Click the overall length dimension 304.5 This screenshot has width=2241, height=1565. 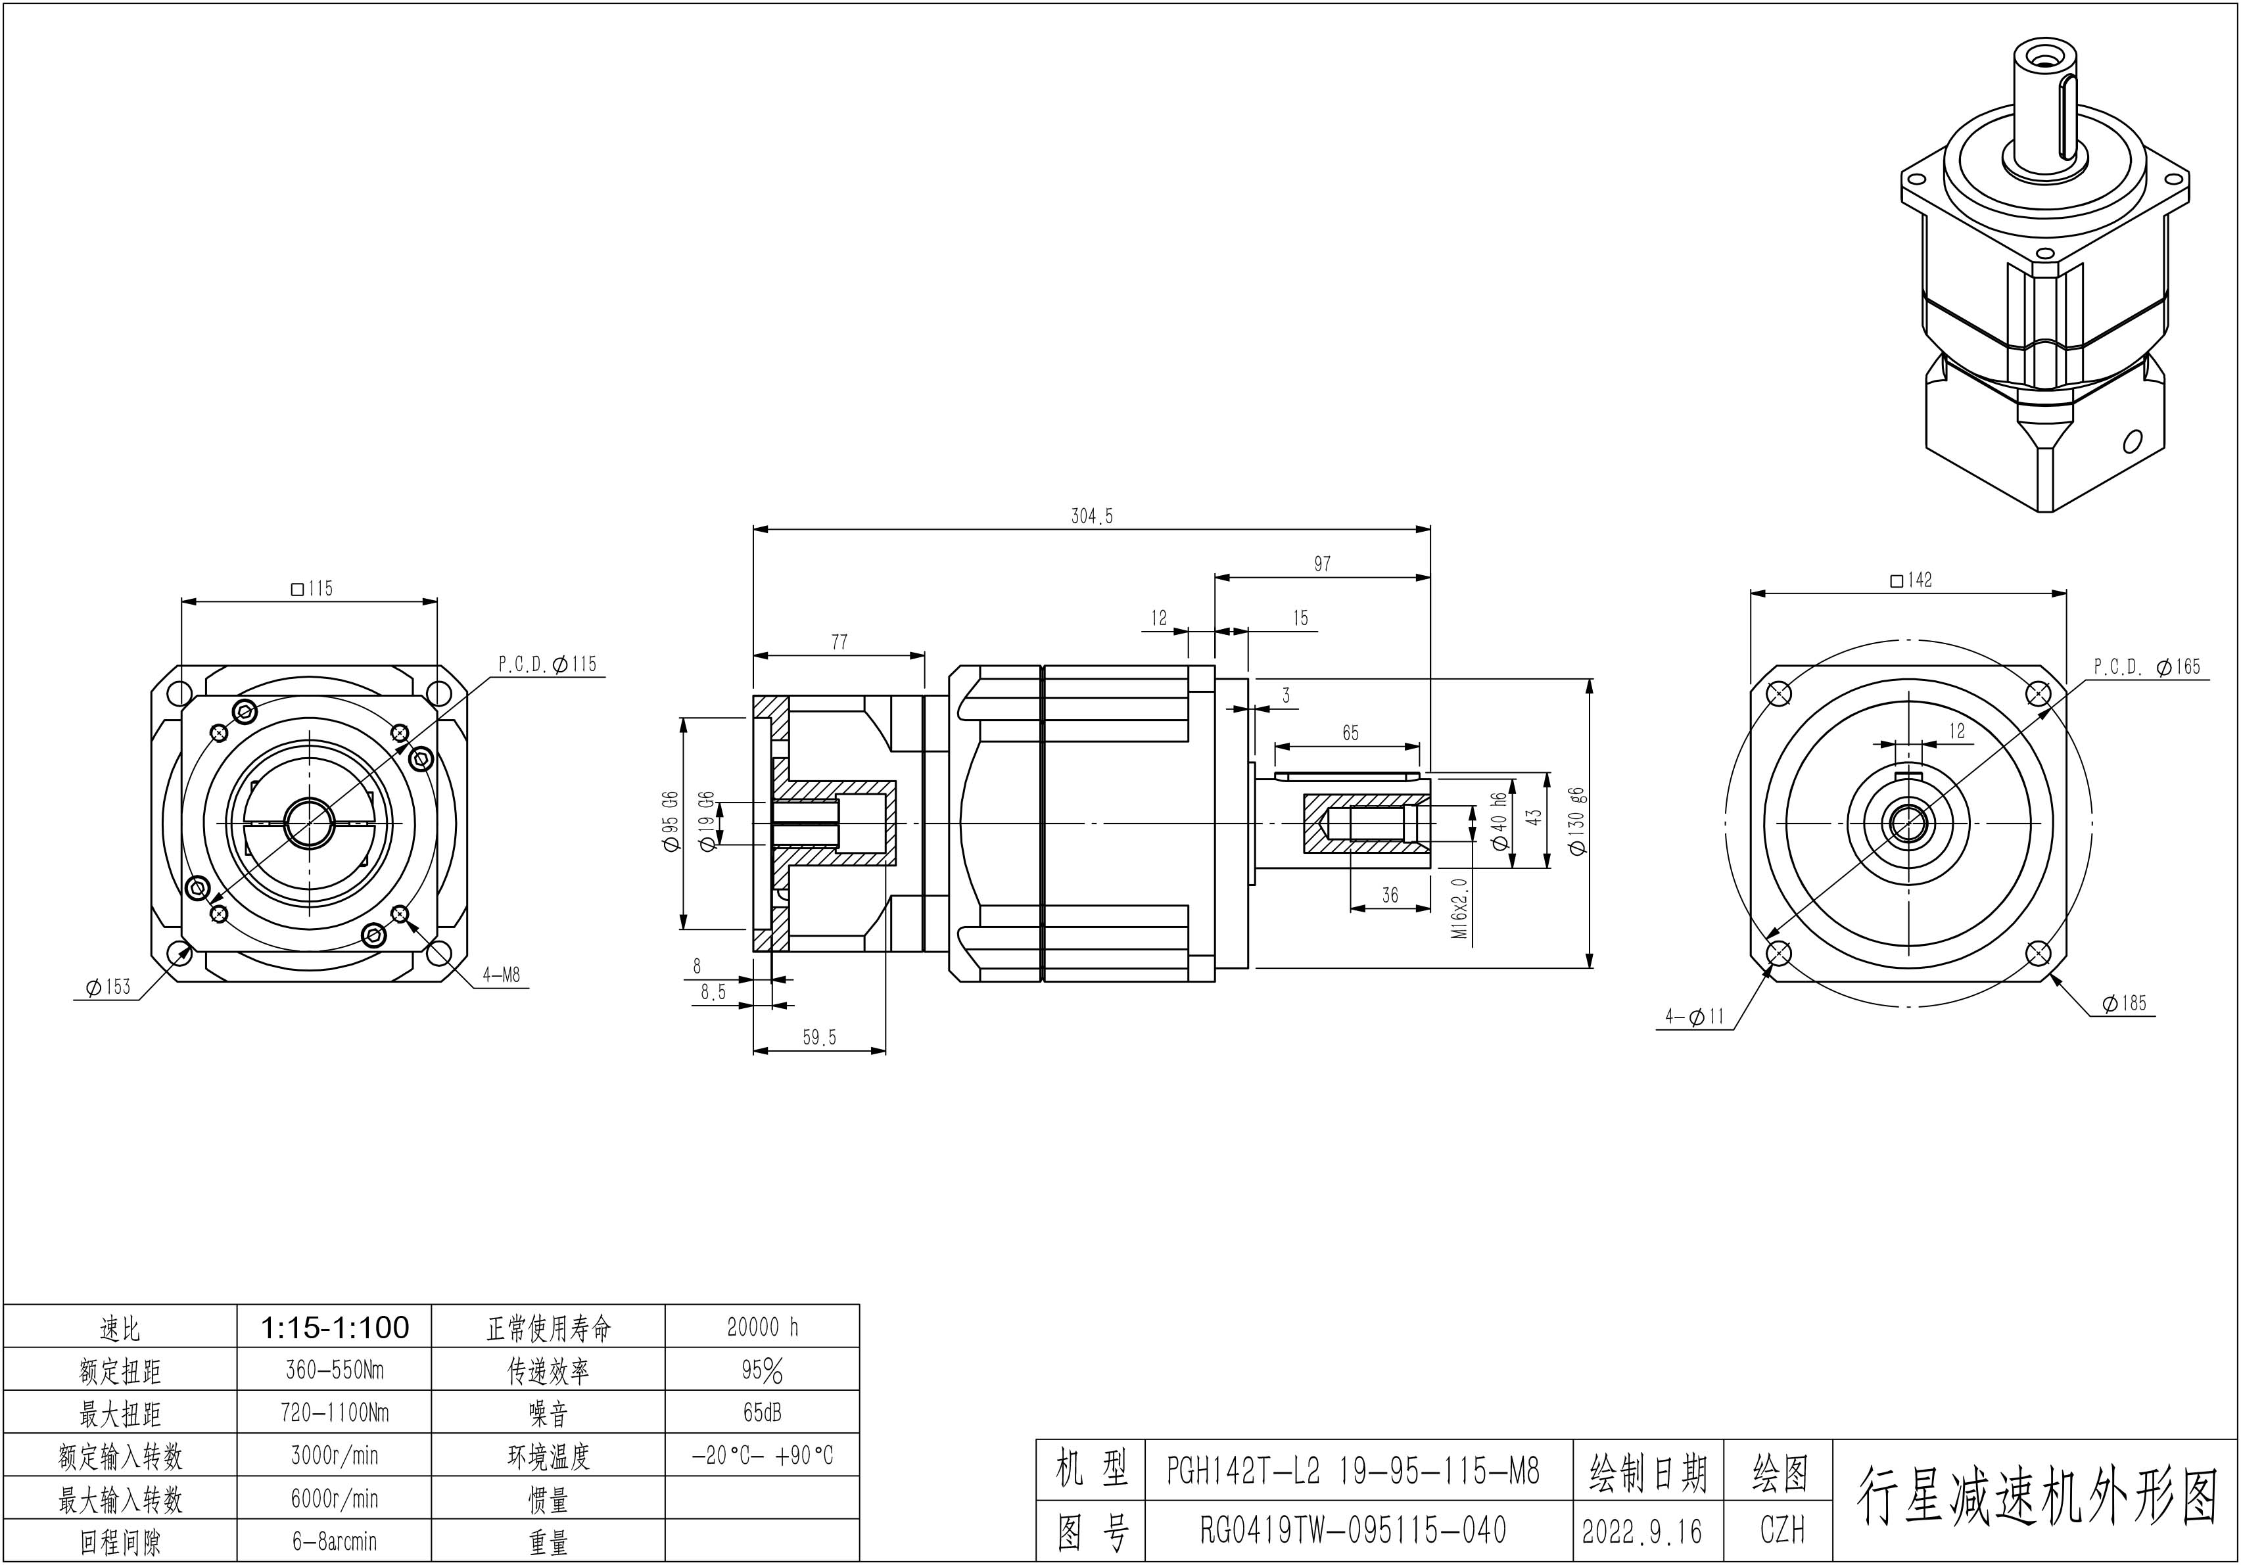[1091, 516]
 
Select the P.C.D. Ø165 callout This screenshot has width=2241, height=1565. [2146, 666]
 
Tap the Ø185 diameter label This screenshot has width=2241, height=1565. [2124, 1003]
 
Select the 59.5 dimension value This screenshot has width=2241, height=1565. [819, 1037]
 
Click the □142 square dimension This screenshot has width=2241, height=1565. [1910, 580]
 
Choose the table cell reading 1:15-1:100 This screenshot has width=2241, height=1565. [334, 1327]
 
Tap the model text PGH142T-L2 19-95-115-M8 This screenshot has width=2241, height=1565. [1353, 1470]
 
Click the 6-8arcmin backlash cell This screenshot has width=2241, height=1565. [334, 1541]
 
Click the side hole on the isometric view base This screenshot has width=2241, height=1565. [2133, 441]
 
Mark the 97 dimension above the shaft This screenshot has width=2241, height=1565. [1321, 564]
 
